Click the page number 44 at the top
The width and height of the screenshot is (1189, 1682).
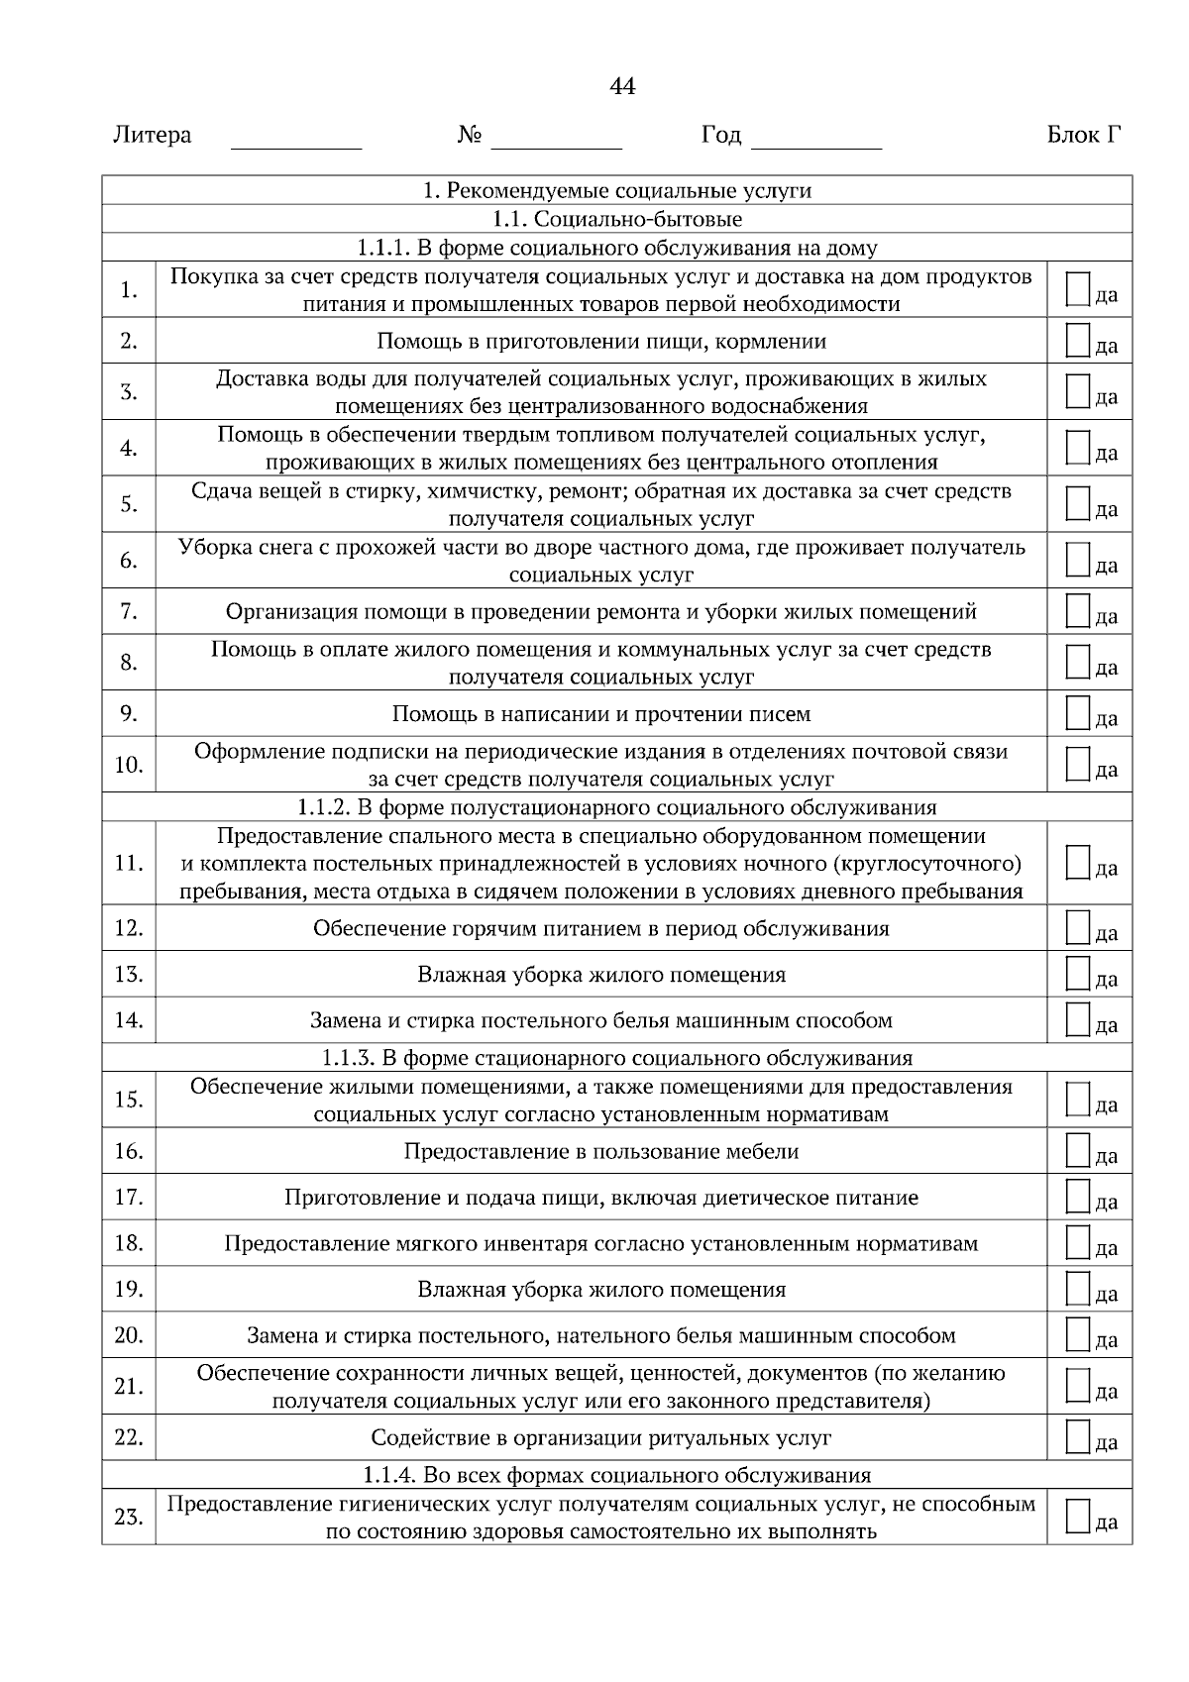click(x=622, y=87)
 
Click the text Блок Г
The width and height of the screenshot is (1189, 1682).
click(x=1084, y=135)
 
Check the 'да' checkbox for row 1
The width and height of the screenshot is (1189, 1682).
click(x=1078, y=288)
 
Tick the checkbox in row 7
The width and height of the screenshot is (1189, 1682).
click(x=1078, y=611)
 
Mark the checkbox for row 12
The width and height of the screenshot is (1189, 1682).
click(x=1078, y=928)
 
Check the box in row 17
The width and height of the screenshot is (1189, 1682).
click(x=1078, y=1197)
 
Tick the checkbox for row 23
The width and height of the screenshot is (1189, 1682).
click(x=1078, y=1517)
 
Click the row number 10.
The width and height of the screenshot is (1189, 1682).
click(x=129, y=765)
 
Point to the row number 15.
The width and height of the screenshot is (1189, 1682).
click(x=129, y=1100)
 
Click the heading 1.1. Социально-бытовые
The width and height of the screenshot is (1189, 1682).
click(x=616, y=219)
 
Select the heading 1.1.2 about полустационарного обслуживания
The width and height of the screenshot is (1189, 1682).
click(x=616, y=806)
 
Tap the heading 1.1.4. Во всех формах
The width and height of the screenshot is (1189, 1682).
click(x=616, y=1475)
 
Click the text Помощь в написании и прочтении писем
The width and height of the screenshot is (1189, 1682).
click(x=600, y=714)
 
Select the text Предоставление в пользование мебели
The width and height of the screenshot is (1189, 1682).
click(x=600, y=1151)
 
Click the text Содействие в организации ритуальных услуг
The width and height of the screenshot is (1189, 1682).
click(x=600, y=1437)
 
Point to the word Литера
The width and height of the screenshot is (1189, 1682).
click(x=153, y=135)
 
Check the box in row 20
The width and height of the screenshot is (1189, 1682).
click(x=1078, y=1334)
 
